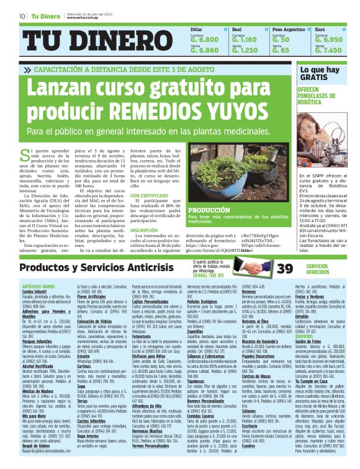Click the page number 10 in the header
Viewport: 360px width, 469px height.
22,16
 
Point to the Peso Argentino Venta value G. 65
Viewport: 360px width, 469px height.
281,50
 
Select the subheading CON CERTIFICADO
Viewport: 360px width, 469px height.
149,195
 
